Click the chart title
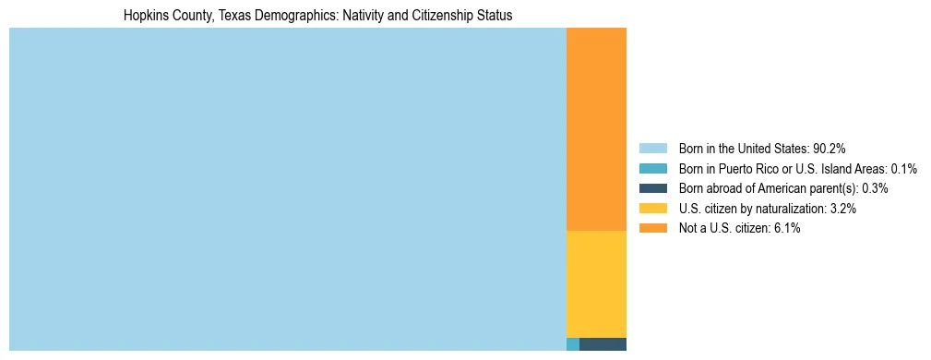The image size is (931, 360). (317, 16)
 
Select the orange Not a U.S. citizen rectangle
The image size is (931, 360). (596, 129)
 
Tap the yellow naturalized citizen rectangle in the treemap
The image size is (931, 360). (596, 283)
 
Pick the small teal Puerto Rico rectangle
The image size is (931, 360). (572, 344)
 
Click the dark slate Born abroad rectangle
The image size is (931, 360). (603, 344)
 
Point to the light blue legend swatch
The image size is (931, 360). (652, 148)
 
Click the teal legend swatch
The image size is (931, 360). (652, 168)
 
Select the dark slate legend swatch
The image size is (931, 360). (652, 188)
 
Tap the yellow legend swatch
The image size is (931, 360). (652, 209)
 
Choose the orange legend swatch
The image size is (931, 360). (652, 229)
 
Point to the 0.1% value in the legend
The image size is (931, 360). (903, 168)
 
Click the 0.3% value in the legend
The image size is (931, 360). (875, 188)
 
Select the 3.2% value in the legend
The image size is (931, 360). (842, 209)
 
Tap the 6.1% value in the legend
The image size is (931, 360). (786, 229)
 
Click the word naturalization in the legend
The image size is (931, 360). (792, 209)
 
